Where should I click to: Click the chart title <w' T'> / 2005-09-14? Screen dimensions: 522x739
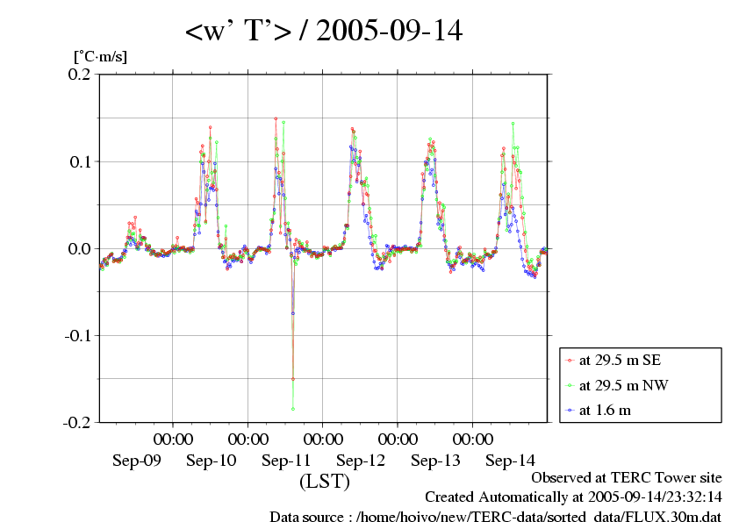[x=323, y=32]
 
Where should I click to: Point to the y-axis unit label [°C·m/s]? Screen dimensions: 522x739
[x=99, y=56]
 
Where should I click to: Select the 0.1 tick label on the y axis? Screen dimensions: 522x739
[x=79, y=161]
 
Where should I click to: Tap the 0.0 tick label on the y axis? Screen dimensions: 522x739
[x=79, y=248]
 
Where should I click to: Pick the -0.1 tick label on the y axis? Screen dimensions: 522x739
[x=76, y=335]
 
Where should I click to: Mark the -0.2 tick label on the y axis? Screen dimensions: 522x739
[x=76, y=422]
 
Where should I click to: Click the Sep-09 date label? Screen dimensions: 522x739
[x=137, y=460]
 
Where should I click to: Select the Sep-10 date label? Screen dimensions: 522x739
[x=212, y=460]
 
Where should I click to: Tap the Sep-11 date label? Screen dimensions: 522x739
[x=286, y=460]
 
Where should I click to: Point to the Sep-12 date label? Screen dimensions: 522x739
[x=361, y=460]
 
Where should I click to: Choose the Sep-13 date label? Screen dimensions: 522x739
[x=435, y=460]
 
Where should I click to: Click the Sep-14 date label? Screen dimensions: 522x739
[x=510, y=460]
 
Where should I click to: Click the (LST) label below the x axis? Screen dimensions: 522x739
[x=324, y=482]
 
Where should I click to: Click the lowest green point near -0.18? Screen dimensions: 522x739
[x=293, y=409]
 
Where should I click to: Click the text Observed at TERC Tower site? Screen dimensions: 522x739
[x=626, y=478]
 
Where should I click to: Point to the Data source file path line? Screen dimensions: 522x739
[x=495, y=517]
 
